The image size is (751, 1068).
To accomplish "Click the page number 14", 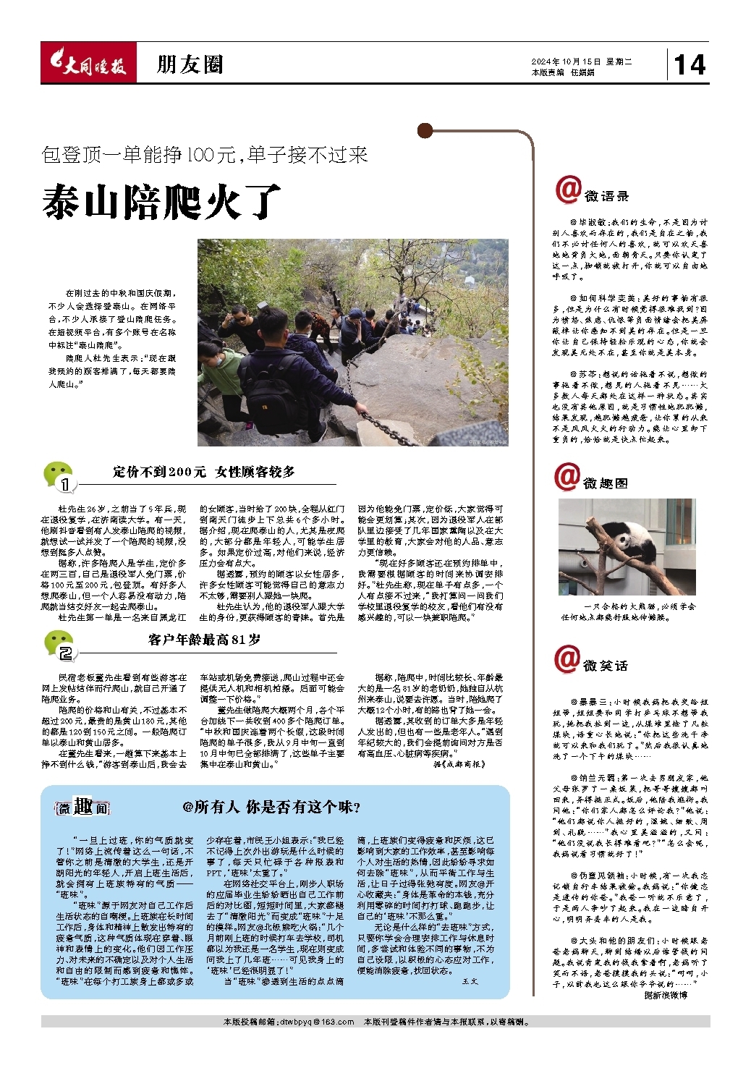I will (690, 65).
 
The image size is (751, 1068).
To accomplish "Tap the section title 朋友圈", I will (190, 65).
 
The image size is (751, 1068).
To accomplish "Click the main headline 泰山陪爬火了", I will (161, 202).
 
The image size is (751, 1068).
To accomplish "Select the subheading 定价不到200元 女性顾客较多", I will (203, 472).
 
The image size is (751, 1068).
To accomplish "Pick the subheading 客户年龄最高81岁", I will (204, 640).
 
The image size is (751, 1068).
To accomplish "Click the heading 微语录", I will (606, 196).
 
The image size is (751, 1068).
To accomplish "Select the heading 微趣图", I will (606, 483).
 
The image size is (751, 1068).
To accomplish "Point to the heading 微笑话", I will (606, 665).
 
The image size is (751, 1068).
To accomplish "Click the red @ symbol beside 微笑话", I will (567, 658).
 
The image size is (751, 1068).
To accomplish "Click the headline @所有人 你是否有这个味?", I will (271, 808).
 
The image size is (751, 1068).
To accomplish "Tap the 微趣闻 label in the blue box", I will (82, 808).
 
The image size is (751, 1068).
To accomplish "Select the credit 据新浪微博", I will (666, 995).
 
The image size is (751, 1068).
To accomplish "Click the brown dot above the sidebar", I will (425, 131).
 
